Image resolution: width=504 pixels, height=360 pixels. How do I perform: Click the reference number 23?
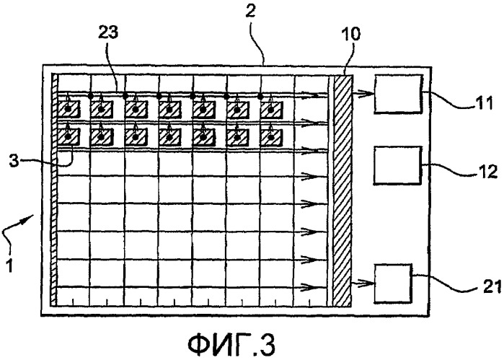pos(107,32)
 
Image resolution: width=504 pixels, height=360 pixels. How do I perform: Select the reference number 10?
pos(350,33)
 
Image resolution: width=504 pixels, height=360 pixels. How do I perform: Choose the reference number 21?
pos(492,286)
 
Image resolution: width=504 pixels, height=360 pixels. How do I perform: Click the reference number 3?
pos(14,161)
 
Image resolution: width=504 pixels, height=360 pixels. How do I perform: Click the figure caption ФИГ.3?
pos(231,344)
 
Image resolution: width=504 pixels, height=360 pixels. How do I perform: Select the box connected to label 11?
pos(397,94)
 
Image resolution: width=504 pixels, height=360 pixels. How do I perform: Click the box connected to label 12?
pos(397,165)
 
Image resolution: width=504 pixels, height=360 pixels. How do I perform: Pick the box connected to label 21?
pos(393,283)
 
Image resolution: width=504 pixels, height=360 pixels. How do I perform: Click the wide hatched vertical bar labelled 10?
pos(343,190)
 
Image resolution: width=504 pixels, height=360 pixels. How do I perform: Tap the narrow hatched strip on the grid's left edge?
pos(54,190)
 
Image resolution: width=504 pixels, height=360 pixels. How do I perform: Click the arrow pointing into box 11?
pos(363,94)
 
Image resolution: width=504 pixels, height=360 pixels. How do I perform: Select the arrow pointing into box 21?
pos(363,284)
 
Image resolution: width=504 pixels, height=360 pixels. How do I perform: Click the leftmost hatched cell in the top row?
pos(68,109)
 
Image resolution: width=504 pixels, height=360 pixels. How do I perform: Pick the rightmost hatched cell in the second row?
pos(271,137)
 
